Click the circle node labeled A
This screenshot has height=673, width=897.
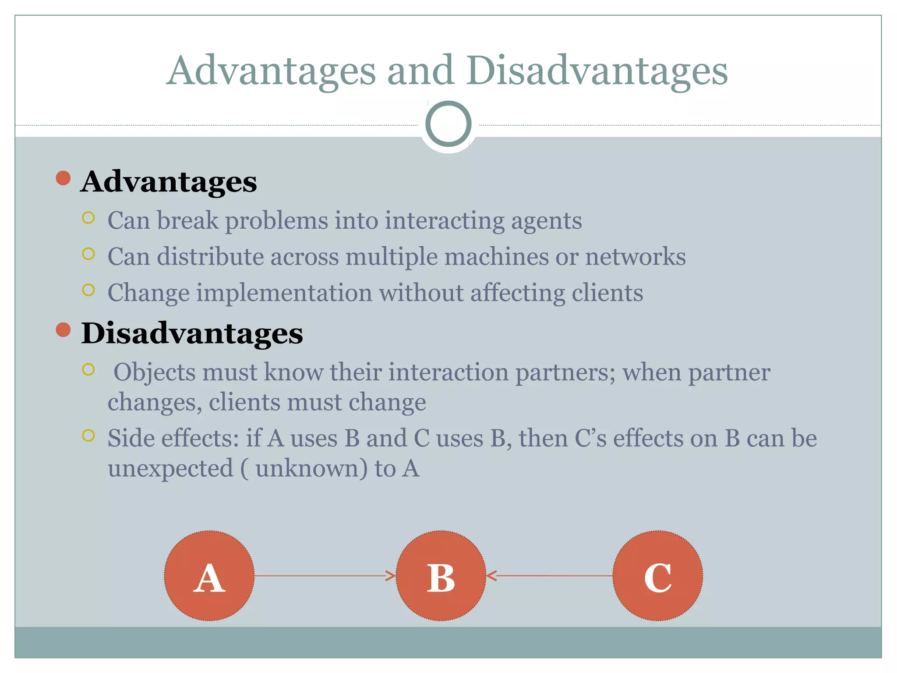(x=209, y=576)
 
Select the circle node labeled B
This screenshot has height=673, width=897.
(x=441, y=576)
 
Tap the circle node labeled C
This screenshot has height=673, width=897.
(x=657, y=576)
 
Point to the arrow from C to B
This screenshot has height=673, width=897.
(x=550, y=576)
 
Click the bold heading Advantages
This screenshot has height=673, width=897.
(x=169, y=182)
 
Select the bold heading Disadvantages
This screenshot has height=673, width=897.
(x=192, y=333)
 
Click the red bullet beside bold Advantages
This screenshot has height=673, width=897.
(x=64, y=178)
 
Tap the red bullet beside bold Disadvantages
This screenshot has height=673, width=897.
(x=64, y=329)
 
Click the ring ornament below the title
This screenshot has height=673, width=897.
(x=448, y=124)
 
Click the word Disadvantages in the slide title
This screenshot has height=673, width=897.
(x=597, y=71)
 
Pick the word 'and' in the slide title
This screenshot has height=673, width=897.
(x=420, y=71)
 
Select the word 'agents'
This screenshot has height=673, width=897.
(x=546, y=221)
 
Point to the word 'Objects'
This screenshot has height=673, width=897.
(x=154, y=373)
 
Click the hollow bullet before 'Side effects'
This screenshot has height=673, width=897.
(x=88, y=436)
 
